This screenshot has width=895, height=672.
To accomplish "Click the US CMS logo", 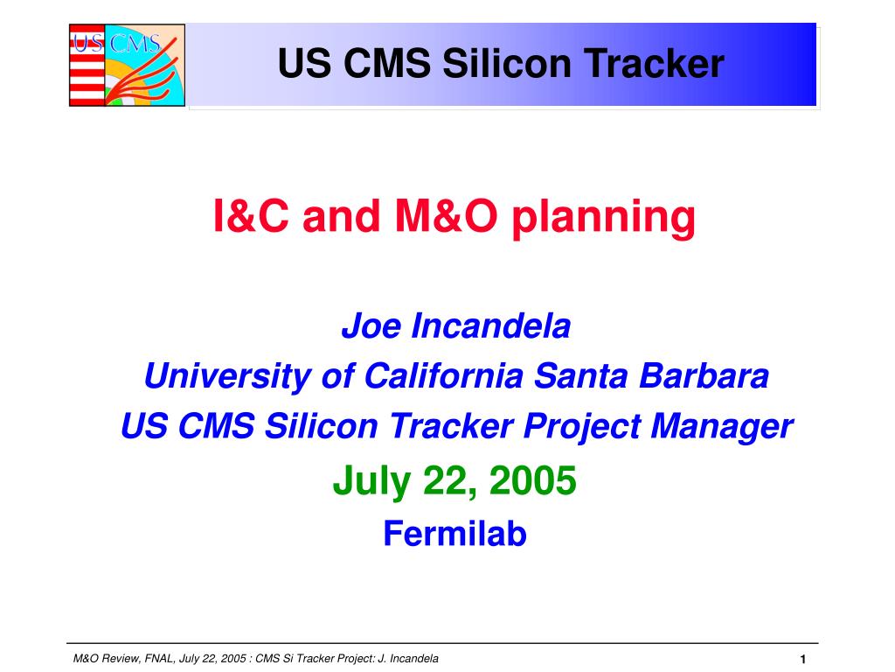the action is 128,65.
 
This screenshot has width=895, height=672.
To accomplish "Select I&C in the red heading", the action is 251,216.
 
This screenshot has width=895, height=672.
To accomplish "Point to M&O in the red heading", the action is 446,216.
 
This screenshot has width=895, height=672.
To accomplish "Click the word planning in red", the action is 603,218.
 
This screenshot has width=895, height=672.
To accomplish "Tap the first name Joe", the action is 371,325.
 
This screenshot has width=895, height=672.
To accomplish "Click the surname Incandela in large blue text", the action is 491,325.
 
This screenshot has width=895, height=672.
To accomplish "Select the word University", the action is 227,377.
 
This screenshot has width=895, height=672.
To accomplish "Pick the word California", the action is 443,376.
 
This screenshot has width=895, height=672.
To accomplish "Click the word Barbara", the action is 704,376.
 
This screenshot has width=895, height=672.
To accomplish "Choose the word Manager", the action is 721,427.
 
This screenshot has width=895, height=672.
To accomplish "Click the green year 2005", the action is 532,480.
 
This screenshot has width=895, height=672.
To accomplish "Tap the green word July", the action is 371,482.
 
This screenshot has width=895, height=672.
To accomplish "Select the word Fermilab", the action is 454,533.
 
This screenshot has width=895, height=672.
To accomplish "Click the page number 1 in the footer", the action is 802,660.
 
